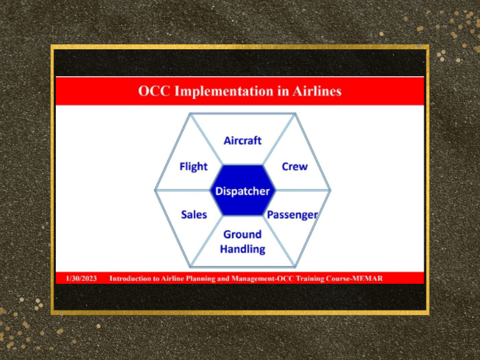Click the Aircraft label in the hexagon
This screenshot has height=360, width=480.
tap(242, 140)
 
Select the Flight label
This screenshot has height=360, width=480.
tap(193, 167)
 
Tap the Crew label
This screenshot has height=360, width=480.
tap(295, 167)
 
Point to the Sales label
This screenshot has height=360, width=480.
tap(194, 215)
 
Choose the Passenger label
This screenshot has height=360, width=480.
tap(292, 215)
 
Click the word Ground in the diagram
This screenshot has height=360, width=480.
tap(242, 235)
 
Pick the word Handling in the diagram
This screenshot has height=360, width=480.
tap(242, 249)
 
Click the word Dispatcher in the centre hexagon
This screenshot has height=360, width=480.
tap(242, 191)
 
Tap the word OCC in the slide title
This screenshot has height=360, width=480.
tap(154, 91)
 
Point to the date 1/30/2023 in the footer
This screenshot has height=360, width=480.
tap(82, 278)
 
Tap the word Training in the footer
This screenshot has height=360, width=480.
tap(310, 279)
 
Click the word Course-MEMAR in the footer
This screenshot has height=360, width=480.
tap(354, 278)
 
